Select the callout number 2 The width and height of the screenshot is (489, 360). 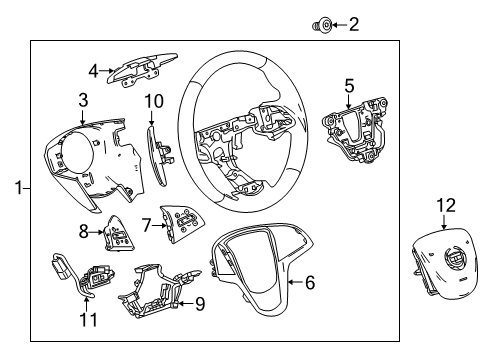point(352,23)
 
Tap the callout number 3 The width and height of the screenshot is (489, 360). point(84,99)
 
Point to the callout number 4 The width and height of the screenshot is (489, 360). point(93,70)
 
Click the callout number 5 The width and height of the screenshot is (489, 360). point(348,86)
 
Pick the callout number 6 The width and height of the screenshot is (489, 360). point(309,283)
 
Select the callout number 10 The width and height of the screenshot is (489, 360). point(153,100)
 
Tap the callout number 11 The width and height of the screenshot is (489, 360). point(88,319)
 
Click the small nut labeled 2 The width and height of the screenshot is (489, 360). point(324,23)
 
